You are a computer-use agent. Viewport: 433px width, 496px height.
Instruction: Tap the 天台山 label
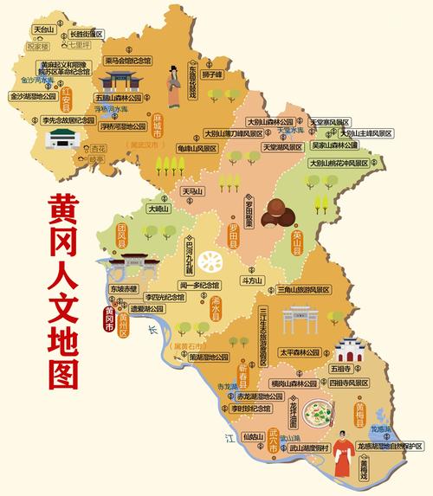click(43, 29)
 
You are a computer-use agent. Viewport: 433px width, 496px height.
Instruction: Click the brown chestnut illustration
click(276, 209)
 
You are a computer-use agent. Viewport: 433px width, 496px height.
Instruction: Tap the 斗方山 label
click(252, 280)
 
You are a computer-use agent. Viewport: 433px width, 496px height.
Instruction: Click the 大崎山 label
click(158, 209)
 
